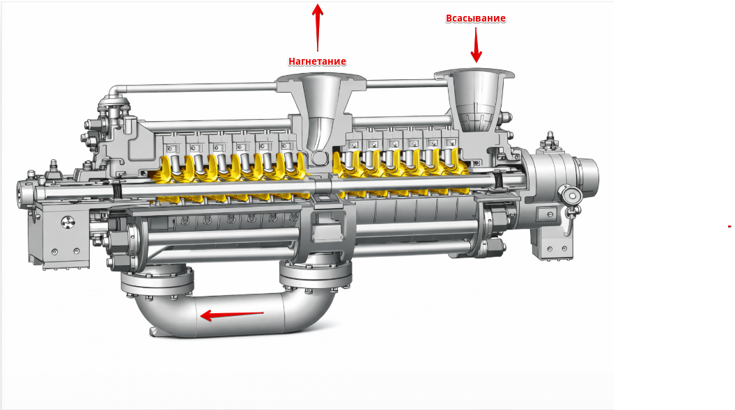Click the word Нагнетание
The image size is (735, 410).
click(318, 61)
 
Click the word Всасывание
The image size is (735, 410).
click(475, 18)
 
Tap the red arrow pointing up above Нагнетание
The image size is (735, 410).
click(318, 27)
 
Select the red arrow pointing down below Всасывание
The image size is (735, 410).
click(477, 45)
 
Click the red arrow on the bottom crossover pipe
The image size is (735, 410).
click(231, 315)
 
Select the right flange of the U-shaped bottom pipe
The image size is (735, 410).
click(316, 276)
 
